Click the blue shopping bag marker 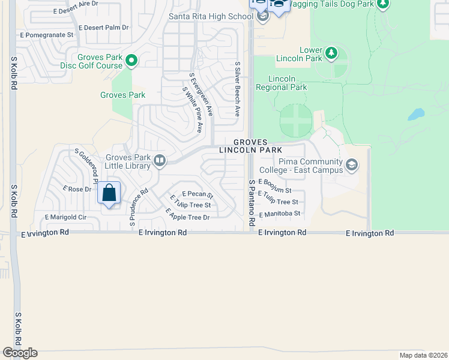[109, 193]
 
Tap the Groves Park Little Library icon [160, 160]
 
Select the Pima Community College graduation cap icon [352, 164]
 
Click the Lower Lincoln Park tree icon [331, 54]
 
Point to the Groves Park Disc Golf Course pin [133, 60]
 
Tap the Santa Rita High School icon [262, 17]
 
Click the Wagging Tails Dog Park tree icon [382, 4]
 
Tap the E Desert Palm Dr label [103, 28]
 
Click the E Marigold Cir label [66, 217]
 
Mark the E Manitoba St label [279, 213]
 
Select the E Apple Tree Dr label [187, 214]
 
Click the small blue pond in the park [416, 114]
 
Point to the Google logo [20, 353]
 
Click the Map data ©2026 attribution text [423, 355]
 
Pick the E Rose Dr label [77, 189]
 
